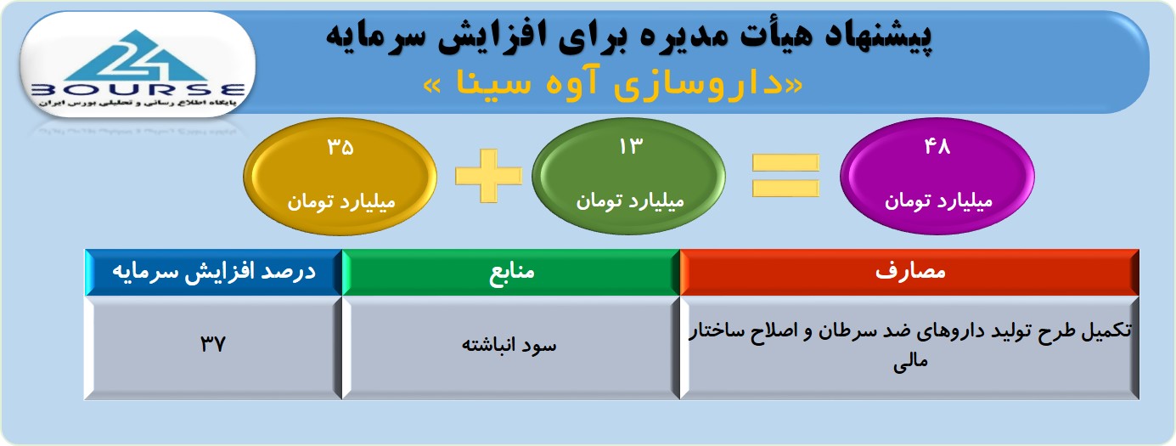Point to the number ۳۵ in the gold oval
pyautogui.click(x=340, y=147)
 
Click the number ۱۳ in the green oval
pyautogui.click(x=630, y=146)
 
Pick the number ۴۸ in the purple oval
pyautogui.click(x=937, y=146)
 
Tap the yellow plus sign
pyautogui.click(x=488, y=176)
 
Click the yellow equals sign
pyautogui.click(x=785, y=176)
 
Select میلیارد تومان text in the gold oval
pyautogui.click(x=340, y=201)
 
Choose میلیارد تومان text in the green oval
pyautogui.click(x=630, y=200)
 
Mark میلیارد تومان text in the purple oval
pyautogui.click(x=938, y=200)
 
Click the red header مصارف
pyautogui.click(x=910, y=272)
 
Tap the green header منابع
pyautogui.click(x=512, y=272)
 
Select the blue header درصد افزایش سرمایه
pyautogui.click(x=214, y=272)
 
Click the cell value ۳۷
pyautogui.click(x=212, y=344)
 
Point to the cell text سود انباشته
pyautogui.click(x=509, y=345)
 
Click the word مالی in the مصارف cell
pyautogui.click(x=910, y=361)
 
